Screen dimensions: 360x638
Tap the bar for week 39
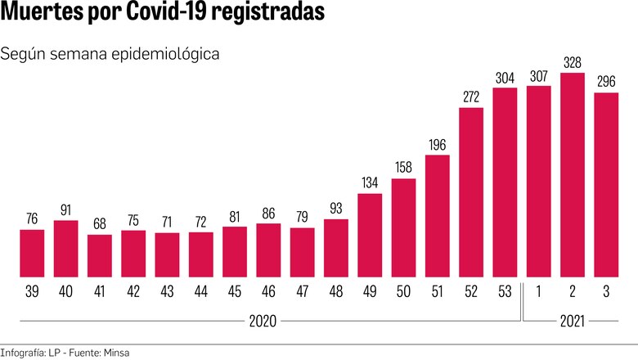[x=32, y=253]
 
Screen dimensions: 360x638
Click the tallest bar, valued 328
[x=573, y=175]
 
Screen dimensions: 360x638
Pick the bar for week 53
[x=505, y=182]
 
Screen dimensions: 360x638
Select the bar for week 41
[x=100, y=255]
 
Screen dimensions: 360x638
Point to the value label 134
[x=370, y=182]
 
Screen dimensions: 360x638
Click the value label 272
[x=471, y=97]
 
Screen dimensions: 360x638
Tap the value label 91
[x=65, y=209]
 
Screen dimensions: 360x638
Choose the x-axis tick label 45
[x=235, y=291]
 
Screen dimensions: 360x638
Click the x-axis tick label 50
[x=403, y=291]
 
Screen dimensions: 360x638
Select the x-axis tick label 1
[x=538, y=291]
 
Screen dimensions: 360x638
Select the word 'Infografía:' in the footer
[x=25, y=352]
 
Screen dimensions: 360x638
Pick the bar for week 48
[x=336, y=248]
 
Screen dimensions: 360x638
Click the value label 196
[x=438, y=144]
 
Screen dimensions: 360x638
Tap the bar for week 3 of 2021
[x=606, y=184]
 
